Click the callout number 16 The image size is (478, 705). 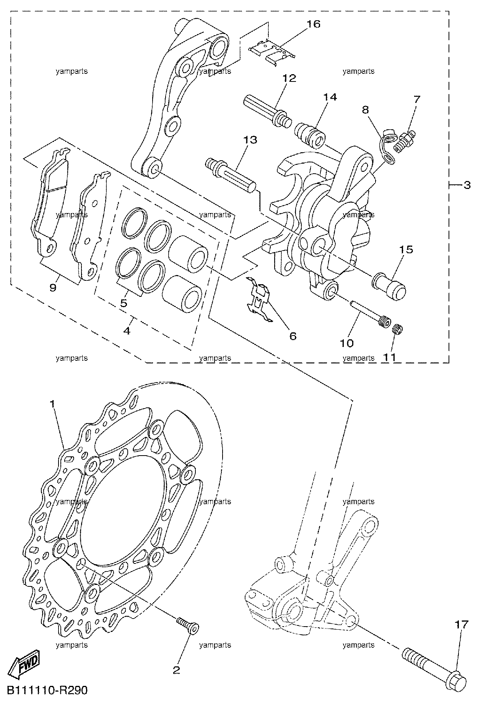coord(313,24)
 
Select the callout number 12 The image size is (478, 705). coord(289,78)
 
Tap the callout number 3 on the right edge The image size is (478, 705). coord(467,186)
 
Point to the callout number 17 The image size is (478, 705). coord(461,625)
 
